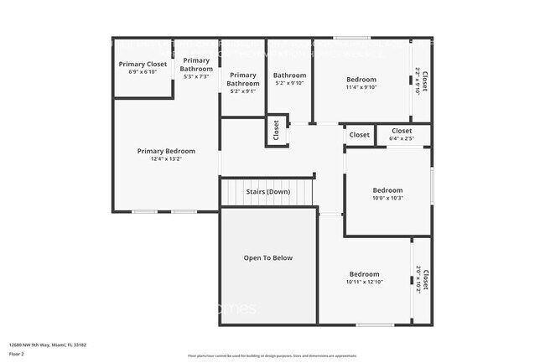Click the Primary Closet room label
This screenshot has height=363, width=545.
click(x=143, y=64)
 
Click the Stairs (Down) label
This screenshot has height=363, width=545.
click(x=267, y=192)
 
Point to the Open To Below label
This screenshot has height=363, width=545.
click(x=267, y=257)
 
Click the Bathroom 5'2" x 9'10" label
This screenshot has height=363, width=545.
click(x=289, y=75)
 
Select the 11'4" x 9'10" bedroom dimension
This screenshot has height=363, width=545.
click(x=361, y=86)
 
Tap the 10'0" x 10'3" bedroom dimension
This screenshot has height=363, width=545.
click(x=387, y=198)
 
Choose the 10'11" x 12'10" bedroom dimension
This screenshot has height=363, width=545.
click(x=364, y=282)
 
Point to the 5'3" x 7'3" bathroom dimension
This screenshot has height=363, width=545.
click(x=196, y=76)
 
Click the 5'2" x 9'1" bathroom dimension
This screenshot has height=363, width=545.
click(x=243, y=91)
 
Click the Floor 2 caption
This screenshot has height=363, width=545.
click(x=18, y=352)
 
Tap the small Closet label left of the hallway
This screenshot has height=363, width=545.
click(x=275, y=130)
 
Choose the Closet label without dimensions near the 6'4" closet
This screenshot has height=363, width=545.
click(x=359, y=134)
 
